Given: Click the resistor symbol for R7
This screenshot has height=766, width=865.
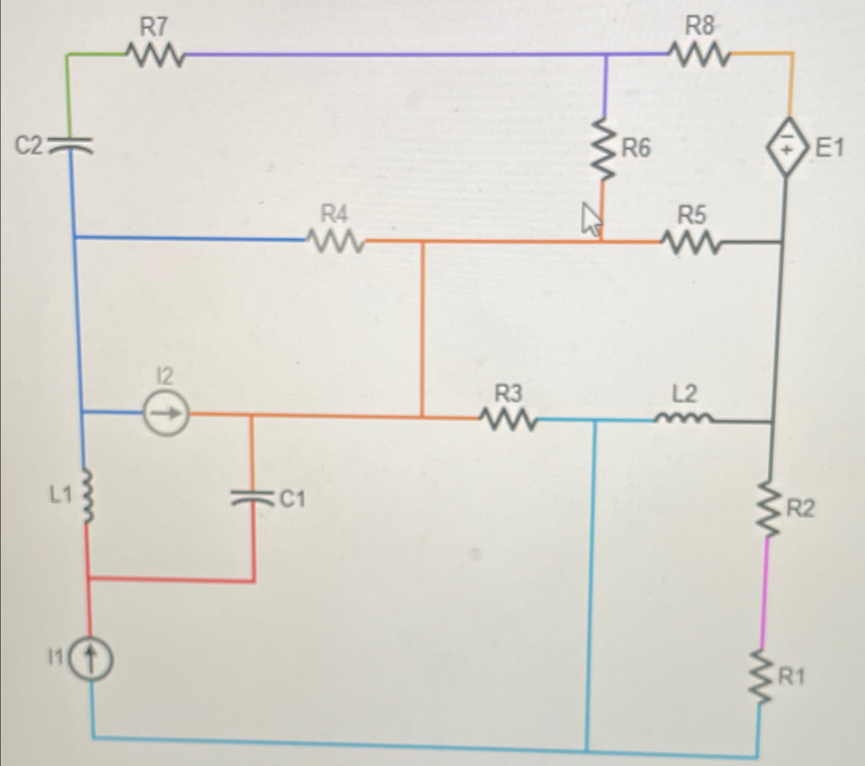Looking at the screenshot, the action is pyautogui.click(x=154, y=55).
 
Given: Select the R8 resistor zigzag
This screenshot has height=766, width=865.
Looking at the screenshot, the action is pyautogui.click(x=699, y=54).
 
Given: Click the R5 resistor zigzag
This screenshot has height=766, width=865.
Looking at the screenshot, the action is pyautogui.click(x=691, y=242).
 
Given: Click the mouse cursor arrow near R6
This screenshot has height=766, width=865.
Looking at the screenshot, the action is pyautogui.click(x=590, y=218).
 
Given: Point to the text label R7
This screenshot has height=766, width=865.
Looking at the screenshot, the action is pyautogui.click(x=154, y=27).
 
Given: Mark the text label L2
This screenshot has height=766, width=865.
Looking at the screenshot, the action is pyautogui.click(x=685, y=394).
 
